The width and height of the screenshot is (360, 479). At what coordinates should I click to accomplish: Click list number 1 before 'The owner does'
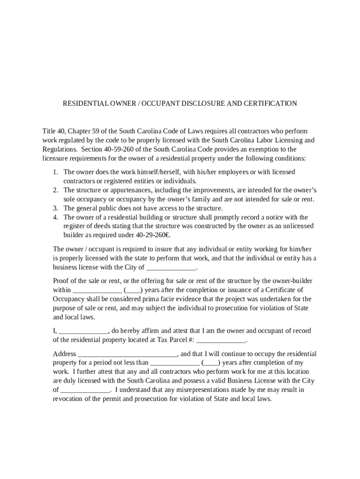pyautogui.click(x=55, y=172)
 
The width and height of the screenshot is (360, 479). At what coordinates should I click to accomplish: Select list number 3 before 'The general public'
pyautogui.click(x=55, y=208)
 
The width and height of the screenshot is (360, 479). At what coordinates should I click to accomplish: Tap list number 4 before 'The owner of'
pyautogui.click(x=55, y=218)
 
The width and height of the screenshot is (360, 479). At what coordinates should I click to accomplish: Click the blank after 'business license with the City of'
pyautogui.click(x=171, y=268)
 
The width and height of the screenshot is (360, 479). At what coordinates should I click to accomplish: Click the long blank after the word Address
pyautogui.click(x=127, y=354)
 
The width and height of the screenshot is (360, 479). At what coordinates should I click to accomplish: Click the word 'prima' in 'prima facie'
pyautogui.click(x=156, y=299)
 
